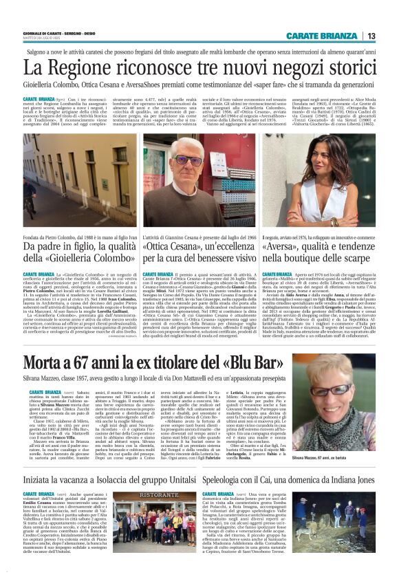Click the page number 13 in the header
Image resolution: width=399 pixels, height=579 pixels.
371,36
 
